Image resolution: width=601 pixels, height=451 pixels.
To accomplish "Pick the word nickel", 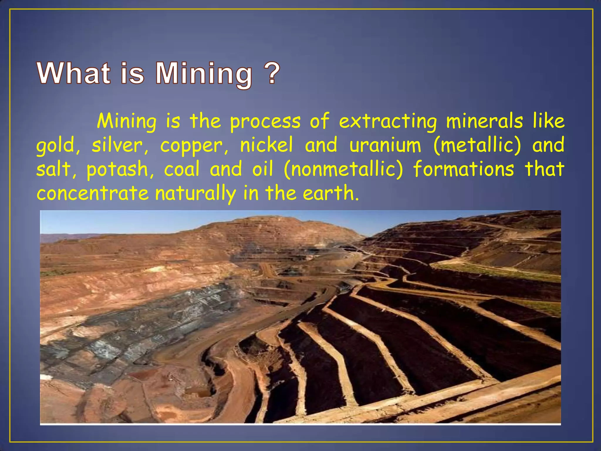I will [x=266, y=145].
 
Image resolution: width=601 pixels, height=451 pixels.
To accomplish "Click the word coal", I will [x=182, y=169].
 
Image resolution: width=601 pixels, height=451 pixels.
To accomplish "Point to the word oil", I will [x=263, y=169].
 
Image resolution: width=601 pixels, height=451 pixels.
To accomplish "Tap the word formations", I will [x=463, y=169].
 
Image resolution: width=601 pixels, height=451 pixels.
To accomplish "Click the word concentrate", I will [x=93, y=193].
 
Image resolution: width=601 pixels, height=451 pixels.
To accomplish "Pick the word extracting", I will [x=388, y=122].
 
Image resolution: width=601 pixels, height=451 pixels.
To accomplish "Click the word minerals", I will [x=484, y=121].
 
